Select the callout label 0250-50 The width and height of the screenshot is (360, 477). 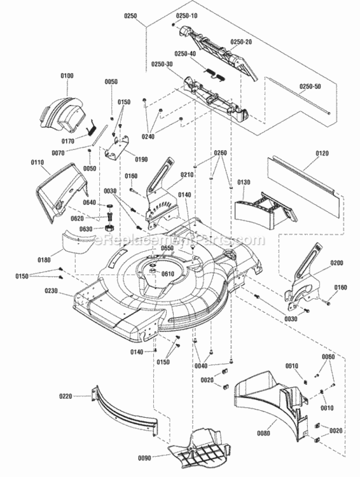(x=310, y=86)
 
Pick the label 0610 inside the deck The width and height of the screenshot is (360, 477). (x=168, y=273)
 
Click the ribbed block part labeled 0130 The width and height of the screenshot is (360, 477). (x=258, y=212)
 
